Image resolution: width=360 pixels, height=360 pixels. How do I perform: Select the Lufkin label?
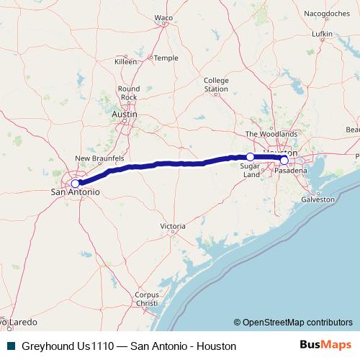(322, 34)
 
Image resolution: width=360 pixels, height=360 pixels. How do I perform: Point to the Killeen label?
(125, 62)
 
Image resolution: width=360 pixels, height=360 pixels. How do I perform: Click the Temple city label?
(166, 58)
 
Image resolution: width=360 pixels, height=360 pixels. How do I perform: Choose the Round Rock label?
(129, 93)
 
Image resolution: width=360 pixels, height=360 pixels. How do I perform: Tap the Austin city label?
(124, 114)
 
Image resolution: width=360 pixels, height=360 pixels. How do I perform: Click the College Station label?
(215, 85)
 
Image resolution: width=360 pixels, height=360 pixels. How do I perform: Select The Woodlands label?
(271, 134)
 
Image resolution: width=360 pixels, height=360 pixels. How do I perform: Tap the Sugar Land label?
(251, 171)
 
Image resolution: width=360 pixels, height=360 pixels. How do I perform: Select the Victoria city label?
(173, 226)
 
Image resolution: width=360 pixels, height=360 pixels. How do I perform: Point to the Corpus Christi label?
(146, 299)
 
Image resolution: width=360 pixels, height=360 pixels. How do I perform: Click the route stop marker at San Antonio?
(75, 184)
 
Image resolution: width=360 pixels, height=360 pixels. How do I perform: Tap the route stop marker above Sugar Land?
(251, 157)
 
